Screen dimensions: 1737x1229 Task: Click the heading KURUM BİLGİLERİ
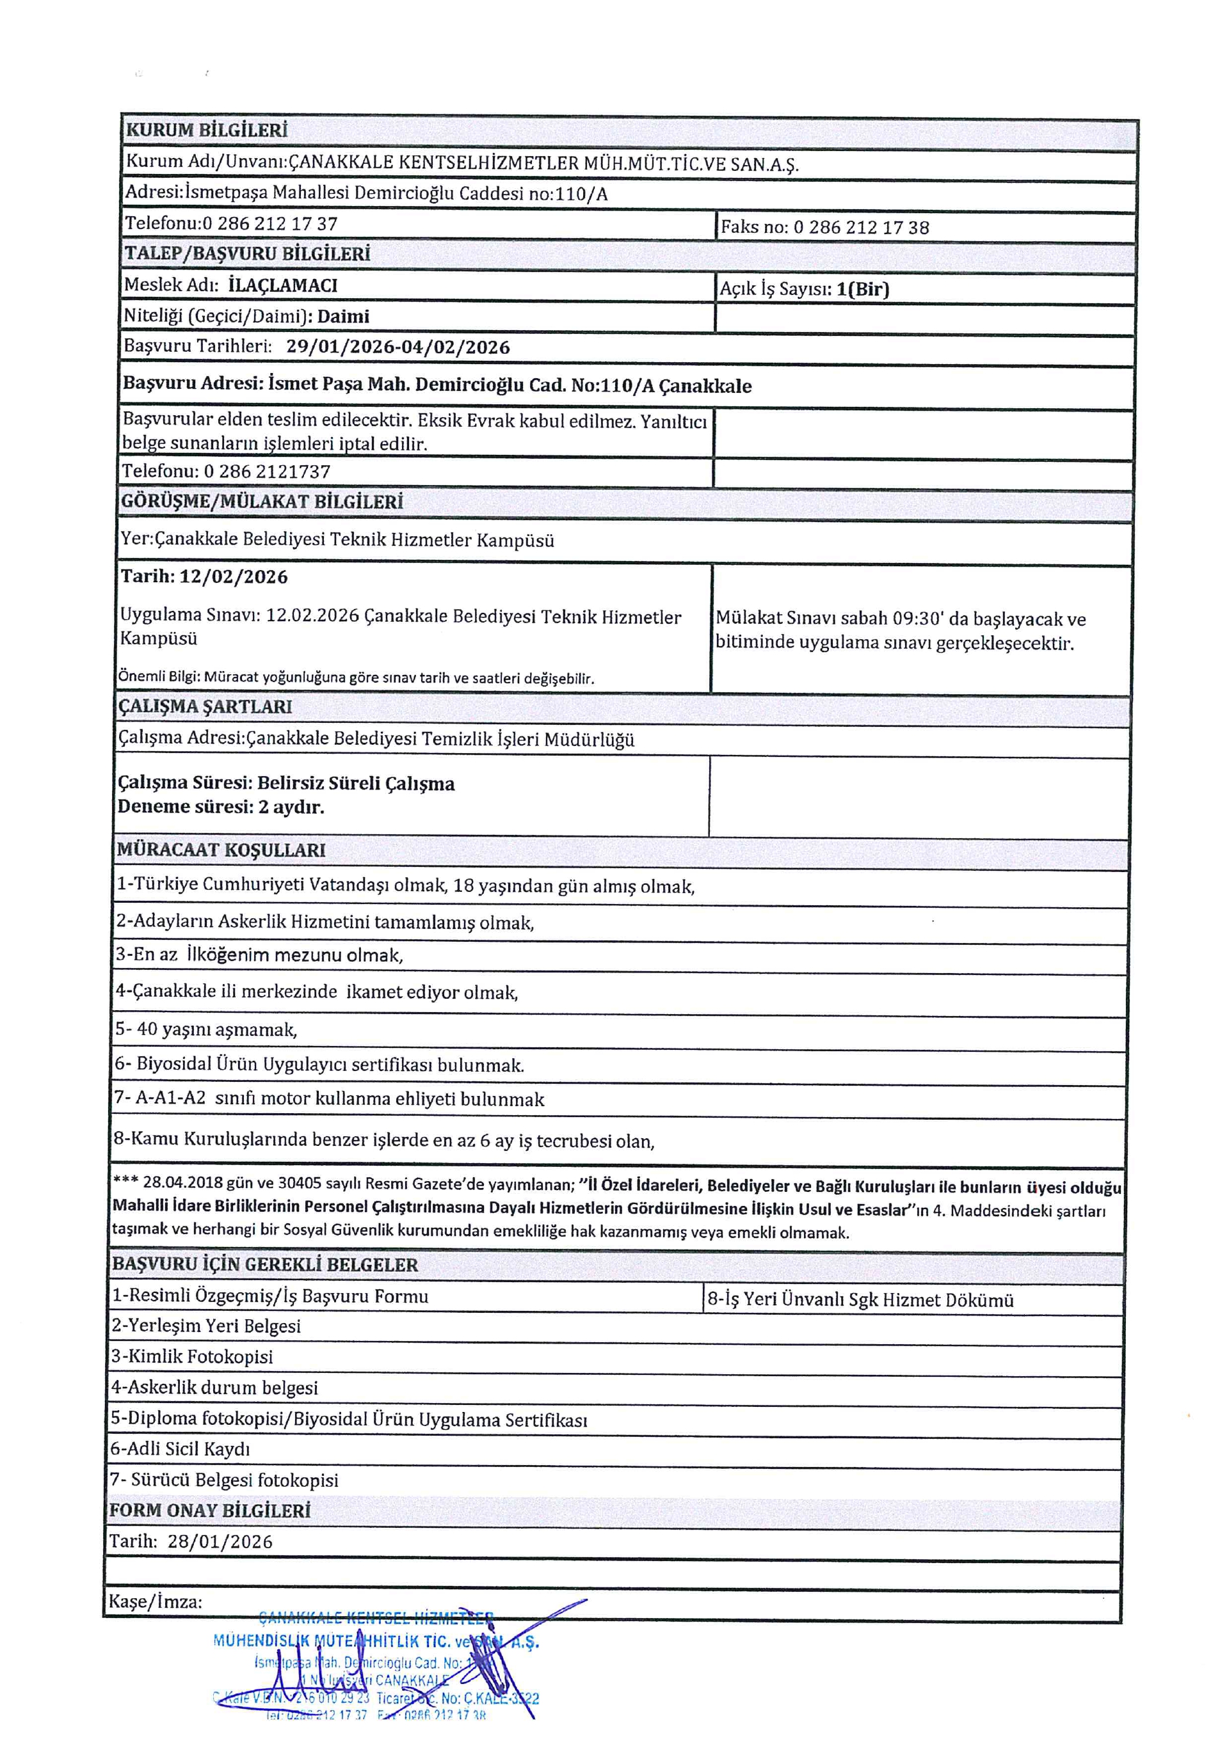point(207,130)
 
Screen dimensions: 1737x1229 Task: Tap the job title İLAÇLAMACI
point(282,286)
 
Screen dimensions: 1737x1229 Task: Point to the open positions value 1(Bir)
point(863,289)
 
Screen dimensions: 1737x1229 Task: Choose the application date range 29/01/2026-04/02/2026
point(398,347)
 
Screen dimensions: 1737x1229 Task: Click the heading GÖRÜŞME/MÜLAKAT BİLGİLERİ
point(262,502)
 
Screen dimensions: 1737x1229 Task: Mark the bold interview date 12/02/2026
point(233,577)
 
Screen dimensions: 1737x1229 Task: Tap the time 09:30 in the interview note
point(917,619)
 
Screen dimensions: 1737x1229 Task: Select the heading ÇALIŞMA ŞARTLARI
point(205,706)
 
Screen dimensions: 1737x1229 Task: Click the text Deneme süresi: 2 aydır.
point(220,807)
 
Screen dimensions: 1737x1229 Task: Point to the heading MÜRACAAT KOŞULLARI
point(221,850)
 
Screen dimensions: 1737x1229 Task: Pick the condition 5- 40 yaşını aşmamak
point(206,1029)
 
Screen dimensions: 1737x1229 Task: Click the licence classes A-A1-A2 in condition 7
point(170,1099)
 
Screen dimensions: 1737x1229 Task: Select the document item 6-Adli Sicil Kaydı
point(180,1448)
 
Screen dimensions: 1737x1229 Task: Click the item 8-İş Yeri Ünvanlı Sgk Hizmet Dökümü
point(860,1301)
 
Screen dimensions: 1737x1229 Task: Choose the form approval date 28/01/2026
point(220,1542)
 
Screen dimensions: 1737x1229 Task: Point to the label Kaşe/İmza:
point(155,1601)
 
